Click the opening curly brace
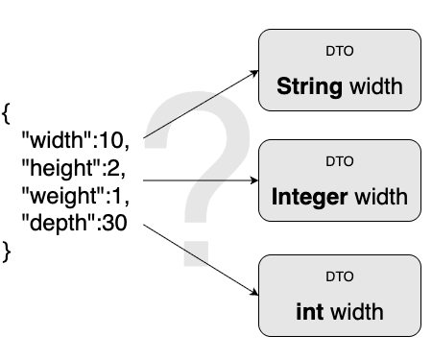[7, 114]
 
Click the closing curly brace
[7, 252]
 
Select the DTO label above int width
[340, 277]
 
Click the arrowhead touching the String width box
[254, 71]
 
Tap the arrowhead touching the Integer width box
[254, 180]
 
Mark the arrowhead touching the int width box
[254, 294]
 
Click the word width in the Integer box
[381, 198]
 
